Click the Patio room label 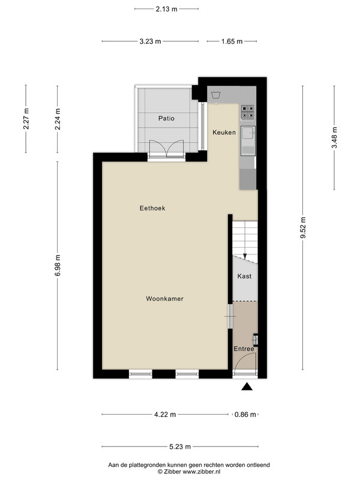(166, 118)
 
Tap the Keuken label (224, 132)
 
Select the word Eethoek (152, 208)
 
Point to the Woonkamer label (164, 298)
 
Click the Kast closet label (244, 276)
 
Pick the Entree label (244, 349)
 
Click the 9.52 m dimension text (303, 227)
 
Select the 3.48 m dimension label (334, 137)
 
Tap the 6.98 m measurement (58, 265)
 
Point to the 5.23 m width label (180, 446)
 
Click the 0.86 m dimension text (245, 415)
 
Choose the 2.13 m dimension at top (167, 9)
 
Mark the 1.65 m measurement (232, 41)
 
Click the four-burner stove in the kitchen (248, 112)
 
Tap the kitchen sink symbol (248, 140)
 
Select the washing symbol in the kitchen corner (216, 95)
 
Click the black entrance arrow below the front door (247, 386)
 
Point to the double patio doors (166, 149)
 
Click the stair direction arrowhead (245, 256)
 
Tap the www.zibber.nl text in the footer (202, 472)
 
